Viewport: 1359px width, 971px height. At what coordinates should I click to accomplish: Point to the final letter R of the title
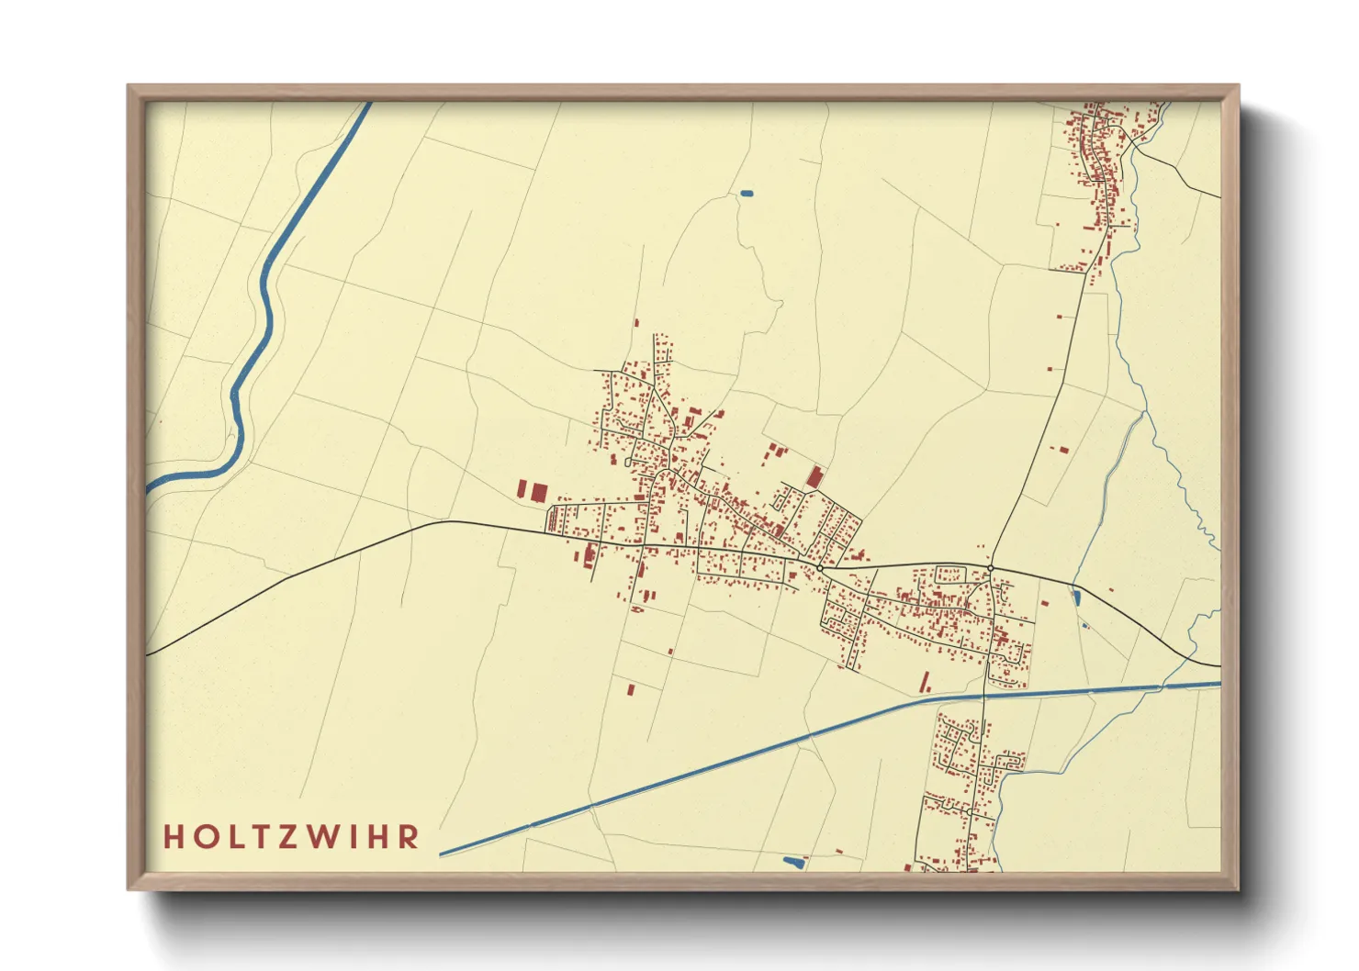410,837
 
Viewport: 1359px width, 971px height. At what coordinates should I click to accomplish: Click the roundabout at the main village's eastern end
819,569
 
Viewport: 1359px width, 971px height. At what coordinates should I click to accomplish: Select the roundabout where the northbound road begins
991,569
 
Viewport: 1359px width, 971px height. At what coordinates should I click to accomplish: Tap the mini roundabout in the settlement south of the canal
970,812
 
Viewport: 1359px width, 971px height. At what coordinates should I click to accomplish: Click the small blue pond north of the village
746,194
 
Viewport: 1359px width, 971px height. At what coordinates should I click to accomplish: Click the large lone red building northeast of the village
814,476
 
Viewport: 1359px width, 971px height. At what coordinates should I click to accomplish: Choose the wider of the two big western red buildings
538,492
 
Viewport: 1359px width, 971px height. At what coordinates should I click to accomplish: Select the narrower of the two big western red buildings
522,488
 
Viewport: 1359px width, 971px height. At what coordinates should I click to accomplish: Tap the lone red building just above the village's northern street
635,323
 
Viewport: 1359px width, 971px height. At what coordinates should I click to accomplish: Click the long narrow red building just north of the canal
925,682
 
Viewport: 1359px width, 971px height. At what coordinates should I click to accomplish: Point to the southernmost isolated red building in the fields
631,688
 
